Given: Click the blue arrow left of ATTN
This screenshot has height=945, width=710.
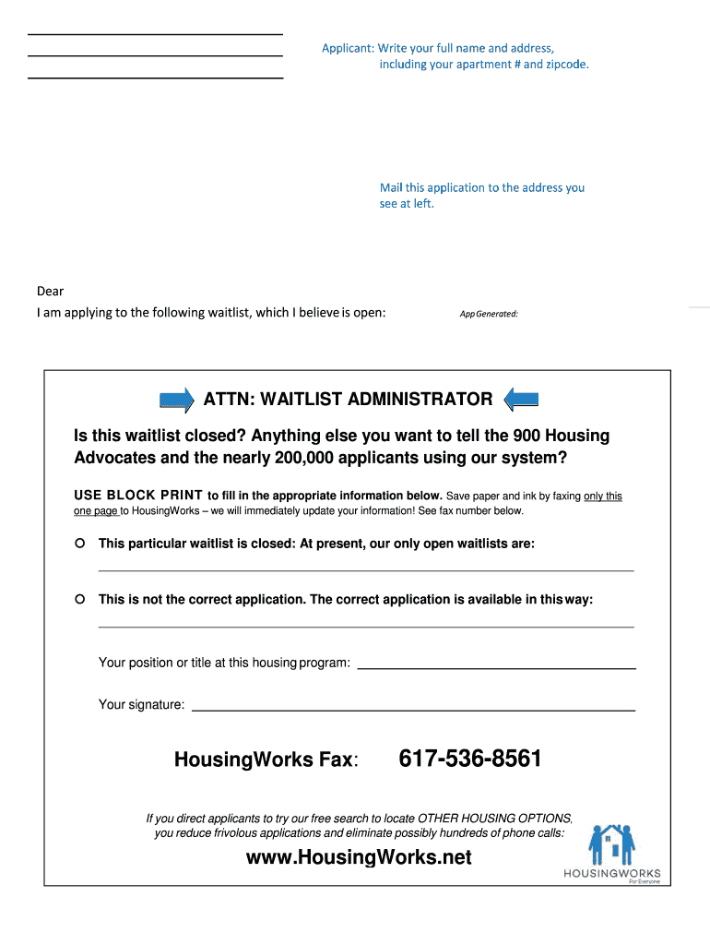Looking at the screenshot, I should click(x=177, y=400).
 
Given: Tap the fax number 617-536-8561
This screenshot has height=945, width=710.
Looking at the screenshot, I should click(x=470, y=760).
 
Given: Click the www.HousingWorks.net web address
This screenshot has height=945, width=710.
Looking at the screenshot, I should click(x=359, y=857).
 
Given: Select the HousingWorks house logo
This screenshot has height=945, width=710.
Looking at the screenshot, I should click(x=611, y=845).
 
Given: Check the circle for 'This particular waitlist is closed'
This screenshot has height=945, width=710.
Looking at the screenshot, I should click(x=80, y=543).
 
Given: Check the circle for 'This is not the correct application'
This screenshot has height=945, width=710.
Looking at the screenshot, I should click(x=80, y=599).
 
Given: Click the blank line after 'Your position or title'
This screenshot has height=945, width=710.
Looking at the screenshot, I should click(x=496, y=666).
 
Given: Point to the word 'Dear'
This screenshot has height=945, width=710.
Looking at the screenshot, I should click(x=50, y=292).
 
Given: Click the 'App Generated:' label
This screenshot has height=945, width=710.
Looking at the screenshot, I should click(x=489, y=314).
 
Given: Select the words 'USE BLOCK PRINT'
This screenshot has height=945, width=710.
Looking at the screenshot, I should click(x=137, y=496).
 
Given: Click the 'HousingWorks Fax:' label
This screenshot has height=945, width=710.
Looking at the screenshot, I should click(x=266, y=760).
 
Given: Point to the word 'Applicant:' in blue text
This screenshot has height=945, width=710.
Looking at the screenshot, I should click(x=348, y=48).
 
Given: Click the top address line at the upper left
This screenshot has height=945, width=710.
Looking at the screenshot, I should click(x=155, y=35).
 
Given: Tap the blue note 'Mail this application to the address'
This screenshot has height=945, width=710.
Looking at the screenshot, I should click(x=481, y=187).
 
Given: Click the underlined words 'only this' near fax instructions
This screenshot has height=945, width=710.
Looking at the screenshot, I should click(x=602, y=496).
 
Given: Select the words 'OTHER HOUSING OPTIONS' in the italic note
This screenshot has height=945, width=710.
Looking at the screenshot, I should click(x=494, y=819).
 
